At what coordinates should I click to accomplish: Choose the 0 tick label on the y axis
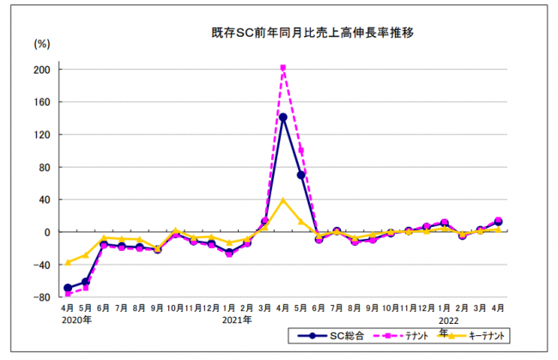coord(48,232)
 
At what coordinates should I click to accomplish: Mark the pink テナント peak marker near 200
coord(283,68)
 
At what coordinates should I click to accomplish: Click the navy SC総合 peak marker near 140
coord(283,117)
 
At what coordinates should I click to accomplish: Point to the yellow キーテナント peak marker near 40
coord(283,200)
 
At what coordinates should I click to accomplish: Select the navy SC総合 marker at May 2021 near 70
coord(301,175)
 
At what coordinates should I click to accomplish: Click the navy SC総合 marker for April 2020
coord(68,288)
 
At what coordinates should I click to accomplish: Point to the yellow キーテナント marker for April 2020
coord(68,263)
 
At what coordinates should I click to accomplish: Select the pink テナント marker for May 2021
coord(301,152)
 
